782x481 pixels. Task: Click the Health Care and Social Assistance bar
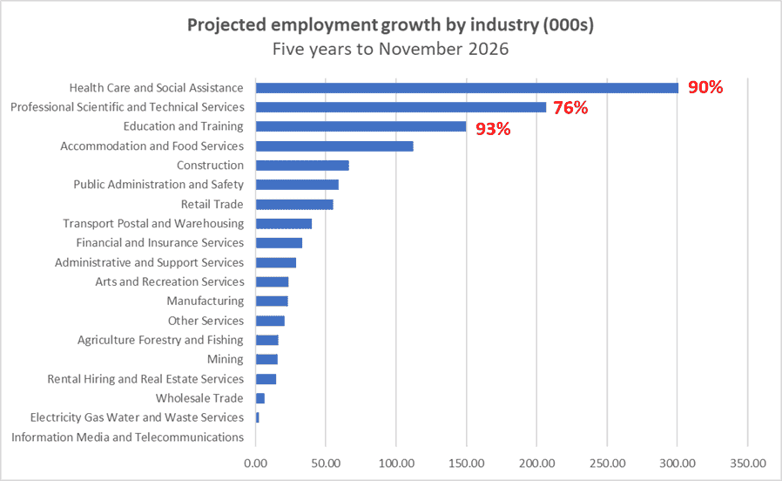(467, 88)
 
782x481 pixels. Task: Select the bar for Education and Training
(361, 126)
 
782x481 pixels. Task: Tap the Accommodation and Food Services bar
(334, 146)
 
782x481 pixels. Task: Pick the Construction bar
(302, 166)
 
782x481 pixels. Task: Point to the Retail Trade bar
(294, 205)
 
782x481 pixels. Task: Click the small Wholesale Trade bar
(260, 398)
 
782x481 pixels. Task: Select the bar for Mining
(266, 359)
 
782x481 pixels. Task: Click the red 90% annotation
(705, 88)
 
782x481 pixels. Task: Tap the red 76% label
(570, 108)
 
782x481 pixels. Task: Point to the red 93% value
(493, 129)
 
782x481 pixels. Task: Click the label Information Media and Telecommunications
(127, 437)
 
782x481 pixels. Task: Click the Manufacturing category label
(205, 301)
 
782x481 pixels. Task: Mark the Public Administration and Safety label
(158, 185)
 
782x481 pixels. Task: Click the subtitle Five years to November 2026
(390, 49)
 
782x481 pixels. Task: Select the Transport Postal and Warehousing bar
(284, 224)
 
